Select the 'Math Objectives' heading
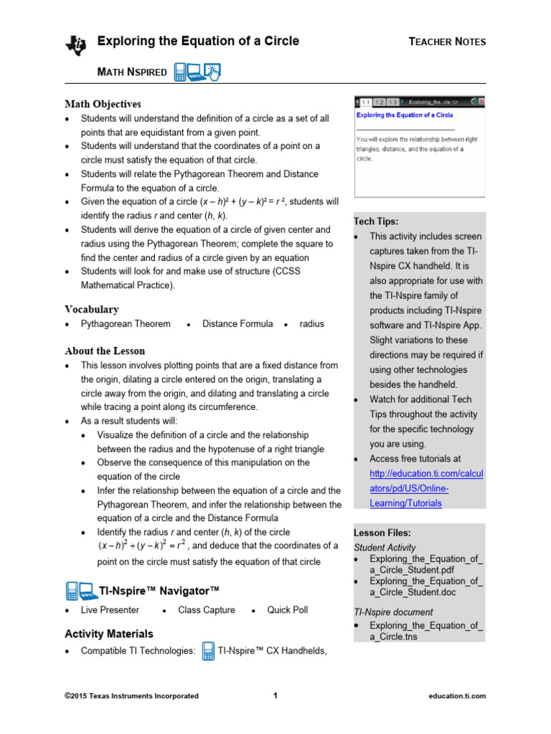tap(103, 104)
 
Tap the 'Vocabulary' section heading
tap(92, 310)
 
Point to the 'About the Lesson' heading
tap(105, 351)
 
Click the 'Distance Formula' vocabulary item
tap(237, 324)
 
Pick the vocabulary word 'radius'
tap(311, 324)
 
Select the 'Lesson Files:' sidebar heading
tap(382, 533)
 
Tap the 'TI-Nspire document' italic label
tap(393, 612)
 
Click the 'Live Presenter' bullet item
tap(110, 610)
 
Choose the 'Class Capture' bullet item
tap(206, 610)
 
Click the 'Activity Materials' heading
tap(109, 634)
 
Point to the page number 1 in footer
tap(275, 695)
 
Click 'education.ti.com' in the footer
tap(457, 695)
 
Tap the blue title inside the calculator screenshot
tap(405, 115)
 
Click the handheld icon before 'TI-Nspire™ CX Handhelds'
tap(208, 651)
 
